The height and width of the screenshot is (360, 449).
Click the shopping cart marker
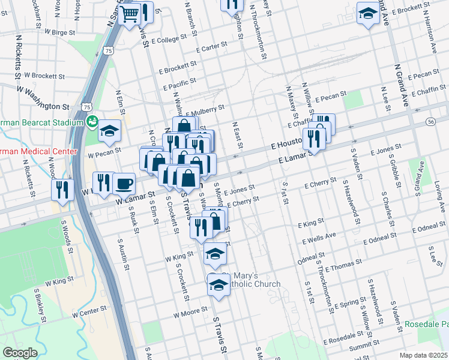pyautogui.click(x=130, y=14)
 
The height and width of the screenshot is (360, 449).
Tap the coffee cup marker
pyautogui.click(x=124, y=184)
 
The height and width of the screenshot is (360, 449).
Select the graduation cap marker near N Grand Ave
pyautogui.click(x=367, y=14)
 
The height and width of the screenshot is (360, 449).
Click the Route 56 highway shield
pyautogui.click(x=431, y=121)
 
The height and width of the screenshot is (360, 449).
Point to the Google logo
pyautogui.click(x=20, y=353)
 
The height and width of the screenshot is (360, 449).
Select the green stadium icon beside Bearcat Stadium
pyautogui.click(x=92, y=122)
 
